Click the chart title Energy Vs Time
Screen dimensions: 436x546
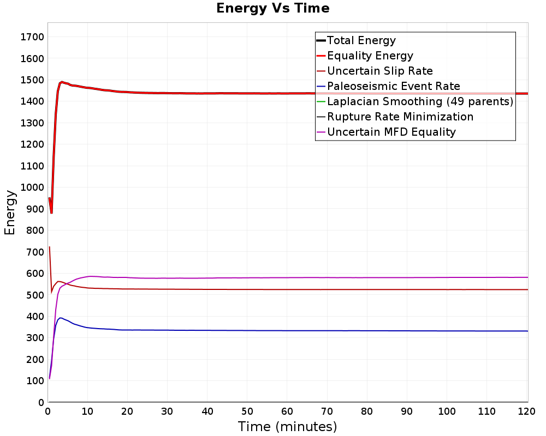click(x=273, y=8)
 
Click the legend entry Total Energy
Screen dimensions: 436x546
click(x=361, y=40)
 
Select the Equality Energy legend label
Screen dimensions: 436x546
click(x=370, y=56)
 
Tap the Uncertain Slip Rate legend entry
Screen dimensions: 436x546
click(x=379, y=71)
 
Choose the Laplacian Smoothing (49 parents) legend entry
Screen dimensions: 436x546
click(x=419, y=101)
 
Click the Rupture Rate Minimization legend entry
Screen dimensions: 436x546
click(x=400, y=117)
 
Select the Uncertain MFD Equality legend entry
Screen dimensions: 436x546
click(x=391, y=132)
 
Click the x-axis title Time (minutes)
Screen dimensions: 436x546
click(x=288, y=426)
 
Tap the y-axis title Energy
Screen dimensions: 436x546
click(x=9, y=212)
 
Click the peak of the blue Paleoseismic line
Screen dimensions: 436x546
click(x=61, y=318)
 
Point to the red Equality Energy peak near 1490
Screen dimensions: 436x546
click(x=62, y=82)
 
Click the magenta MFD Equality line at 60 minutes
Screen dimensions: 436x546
click(x=288, y=277)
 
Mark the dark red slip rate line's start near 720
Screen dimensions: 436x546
click(x=50, y=247)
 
